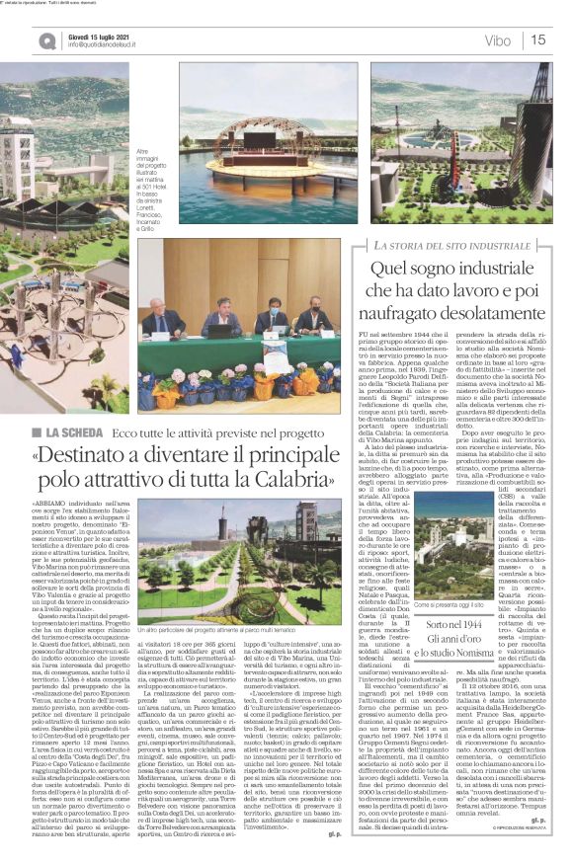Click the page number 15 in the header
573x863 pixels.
pos(537,40)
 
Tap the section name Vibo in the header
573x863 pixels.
pos(498,40)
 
